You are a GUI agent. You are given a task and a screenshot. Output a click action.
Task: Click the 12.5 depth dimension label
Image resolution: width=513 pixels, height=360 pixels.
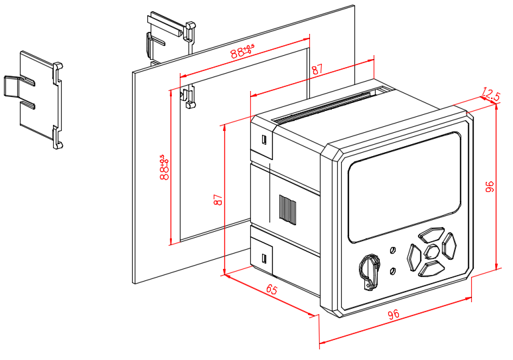[490, 94]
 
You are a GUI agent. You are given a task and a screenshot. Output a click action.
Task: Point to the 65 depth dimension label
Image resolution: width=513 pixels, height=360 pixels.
[272, 290]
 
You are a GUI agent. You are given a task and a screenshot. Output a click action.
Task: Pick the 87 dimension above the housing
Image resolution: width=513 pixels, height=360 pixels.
[317, 69]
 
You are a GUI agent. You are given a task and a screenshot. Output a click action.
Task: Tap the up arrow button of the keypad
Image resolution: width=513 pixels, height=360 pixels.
[432, 234]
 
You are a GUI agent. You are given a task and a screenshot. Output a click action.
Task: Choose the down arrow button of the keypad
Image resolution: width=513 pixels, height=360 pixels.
[432, 268]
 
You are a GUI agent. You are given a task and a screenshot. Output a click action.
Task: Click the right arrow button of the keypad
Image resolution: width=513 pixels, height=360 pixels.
[450, 246]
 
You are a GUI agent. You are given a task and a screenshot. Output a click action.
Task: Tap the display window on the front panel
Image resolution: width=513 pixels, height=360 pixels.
[404, 187]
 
